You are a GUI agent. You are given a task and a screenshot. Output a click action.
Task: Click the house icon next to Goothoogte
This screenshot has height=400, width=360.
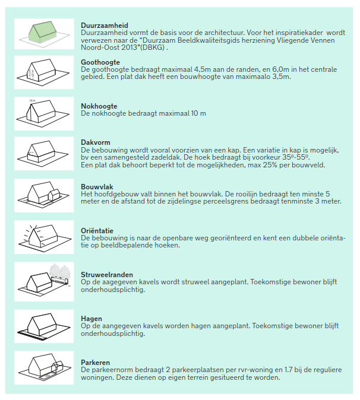(44, 71)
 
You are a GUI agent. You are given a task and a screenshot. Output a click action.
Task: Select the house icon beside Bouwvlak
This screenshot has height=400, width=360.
(44, 193)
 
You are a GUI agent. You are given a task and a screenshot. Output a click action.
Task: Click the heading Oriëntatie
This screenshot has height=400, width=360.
(97, 230)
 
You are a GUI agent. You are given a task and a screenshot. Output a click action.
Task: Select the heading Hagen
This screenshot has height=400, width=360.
(91, 319)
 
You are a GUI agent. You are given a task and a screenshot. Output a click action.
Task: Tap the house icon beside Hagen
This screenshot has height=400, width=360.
(44, 324)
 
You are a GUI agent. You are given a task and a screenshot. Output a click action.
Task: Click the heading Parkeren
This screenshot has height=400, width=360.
(96, 363)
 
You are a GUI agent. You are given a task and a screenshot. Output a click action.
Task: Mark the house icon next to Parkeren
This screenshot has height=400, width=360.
(44, 366)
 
